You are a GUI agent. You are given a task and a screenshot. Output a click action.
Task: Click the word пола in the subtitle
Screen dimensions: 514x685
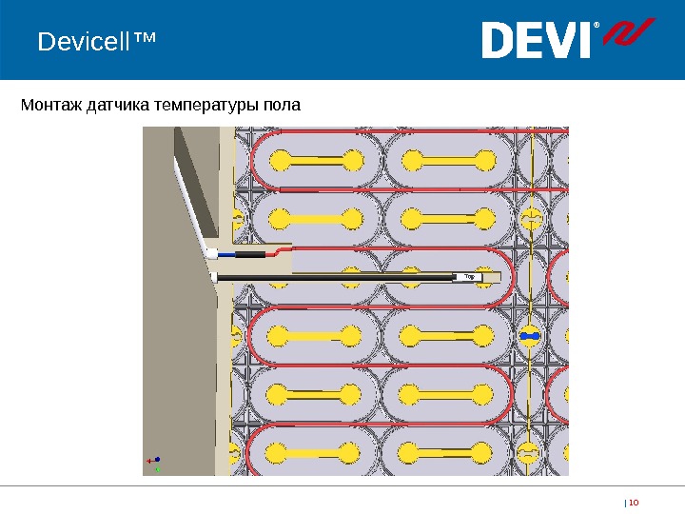(x=283, y=104)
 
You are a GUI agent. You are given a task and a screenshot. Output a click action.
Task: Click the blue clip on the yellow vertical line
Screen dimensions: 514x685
(x=530, y=336)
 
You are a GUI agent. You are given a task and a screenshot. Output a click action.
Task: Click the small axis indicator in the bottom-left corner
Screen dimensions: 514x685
(x=154, y=463)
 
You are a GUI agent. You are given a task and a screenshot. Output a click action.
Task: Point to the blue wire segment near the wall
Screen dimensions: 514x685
(x=227, y=255)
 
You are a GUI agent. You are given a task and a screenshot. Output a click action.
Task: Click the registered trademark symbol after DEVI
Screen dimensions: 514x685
(x=597, y=26)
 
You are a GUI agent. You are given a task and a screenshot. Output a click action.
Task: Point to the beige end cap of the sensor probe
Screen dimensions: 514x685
(x=491, y=277)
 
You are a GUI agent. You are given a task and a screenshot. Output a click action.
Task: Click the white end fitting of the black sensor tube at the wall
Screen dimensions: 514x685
(x=216, y=277)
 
